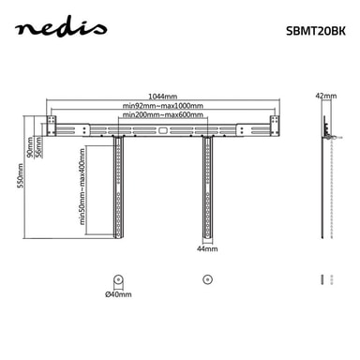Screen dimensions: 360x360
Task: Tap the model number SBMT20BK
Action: [316, 31]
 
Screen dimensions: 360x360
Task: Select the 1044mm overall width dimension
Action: [162, 97]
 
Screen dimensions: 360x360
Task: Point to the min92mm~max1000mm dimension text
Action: [162, 106]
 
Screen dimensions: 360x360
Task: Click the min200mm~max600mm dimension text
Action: [162, 115]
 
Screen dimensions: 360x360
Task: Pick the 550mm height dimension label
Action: [21, 175]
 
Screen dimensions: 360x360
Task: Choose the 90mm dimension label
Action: [30, 147]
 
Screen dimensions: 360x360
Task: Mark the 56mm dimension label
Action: [39, 148]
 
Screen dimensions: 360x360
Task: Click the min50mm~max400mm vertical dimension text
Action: [82, 187]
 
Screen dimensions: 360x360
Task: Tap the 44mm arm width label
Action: [207, 249]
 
